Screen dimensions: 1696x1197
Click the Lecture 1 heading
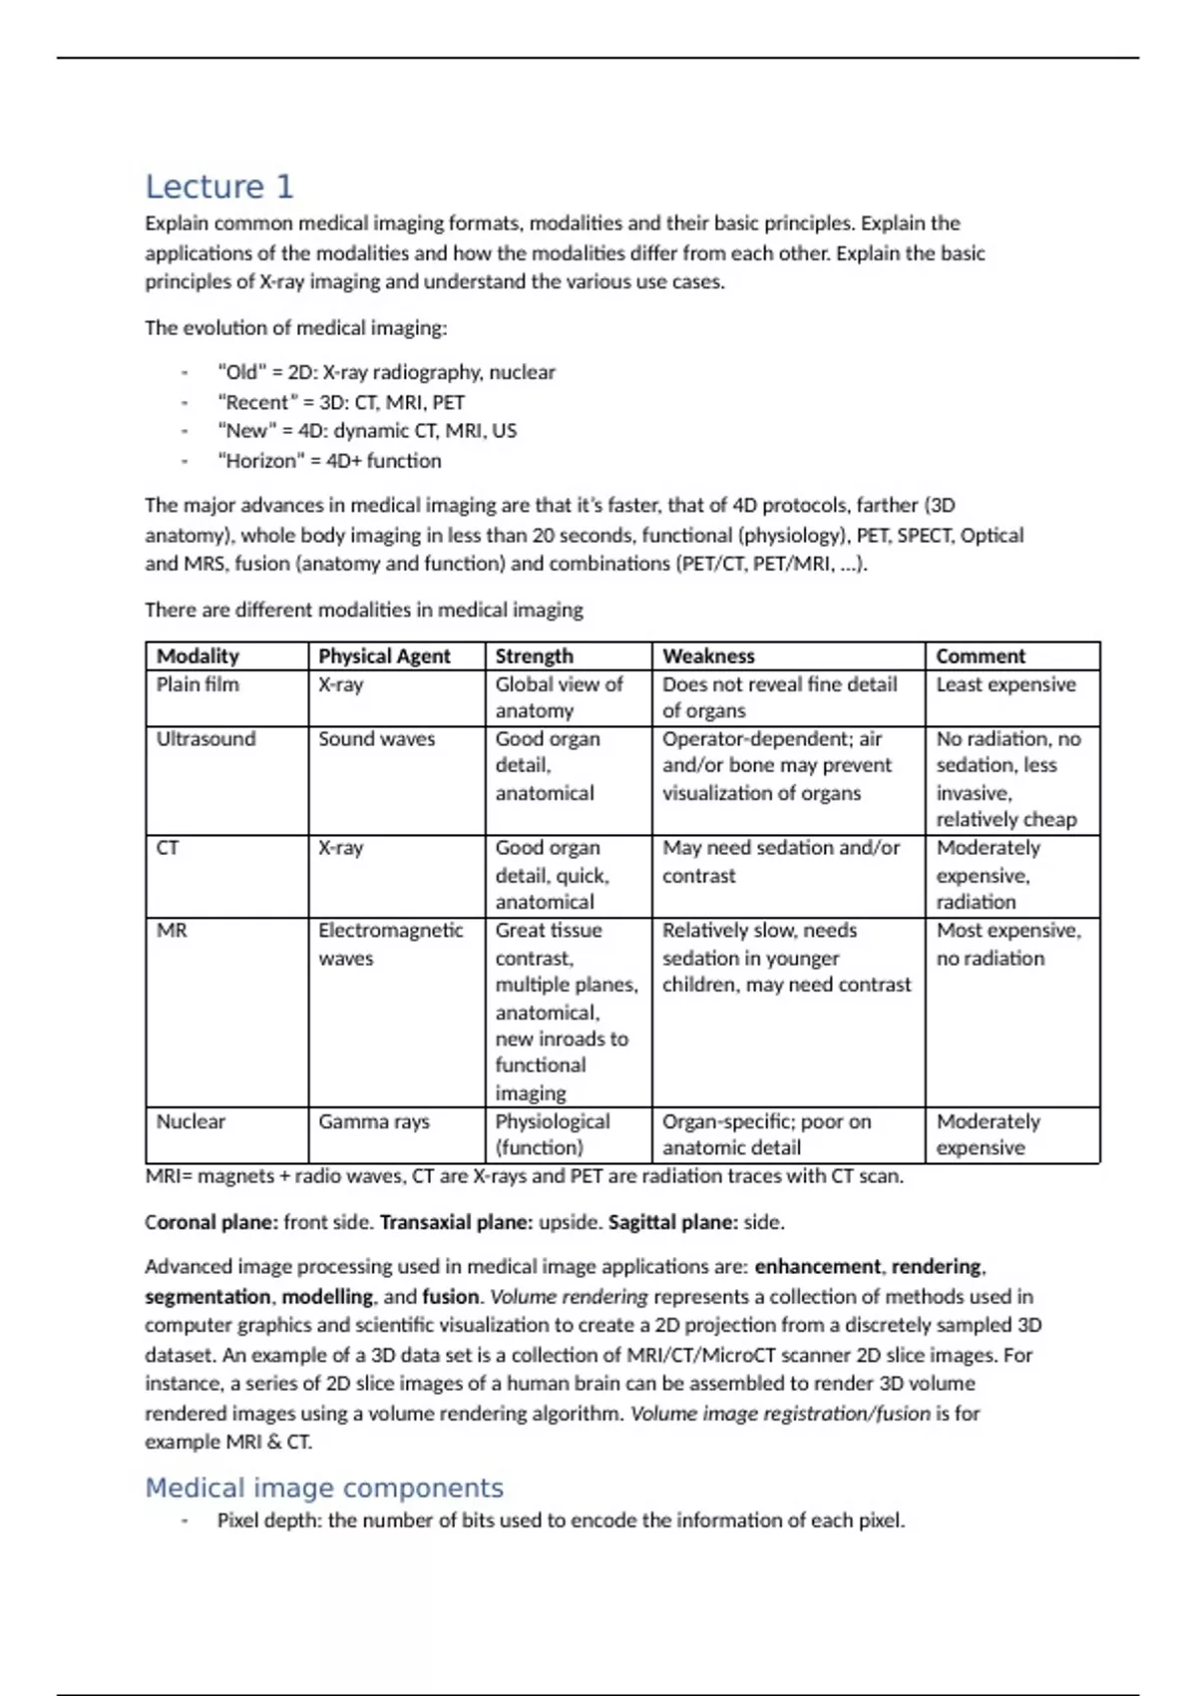pyautogui.click(x=219, y=187)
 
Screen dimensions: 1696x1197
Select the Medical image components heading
pyautogui.click(x=324, y=1487)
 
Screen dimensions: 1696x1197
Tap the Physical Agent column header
pyautogui.click(x=384, y=655)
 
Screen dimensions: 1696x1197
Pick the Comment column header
pyautogui.click(x=980, y=655)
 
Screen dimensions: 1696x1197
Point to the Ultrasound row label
pyautogui.click(x=205, y=738)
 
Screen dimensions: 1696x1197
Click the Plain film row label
pyautogui.click(x=198, y=684)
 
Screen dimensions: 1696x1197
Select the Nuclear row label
pyautogui.click(x=191, y=1121)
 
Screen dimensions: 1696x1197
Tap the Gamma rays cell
pyautogui.click(x=374, y=1121)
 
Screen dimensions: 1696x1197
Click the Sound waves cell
pyautogui.click(x=376, y=738)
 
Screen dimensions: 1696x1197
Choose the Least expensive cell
pyautogui.click(x=1005, y=684)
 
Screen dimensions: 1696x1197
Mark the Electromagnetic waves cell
pyautogui.click(x=390, y=944)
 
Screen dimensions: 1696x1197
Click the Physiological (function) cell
pyautogui.click(x=553, y=1134)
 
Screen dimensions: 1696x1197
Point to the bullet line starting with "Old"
pyautogui.click(x=386, y=372)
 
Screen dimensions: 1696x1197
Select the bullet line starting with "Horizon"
pyautogui.click(x=329, y=461)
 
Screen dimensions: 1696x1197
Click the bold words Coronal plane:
pyautogui.click(x=211, y=1222)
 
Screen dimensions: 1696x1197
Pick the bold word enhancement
pyautogui.click(x=817, y=1266)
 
